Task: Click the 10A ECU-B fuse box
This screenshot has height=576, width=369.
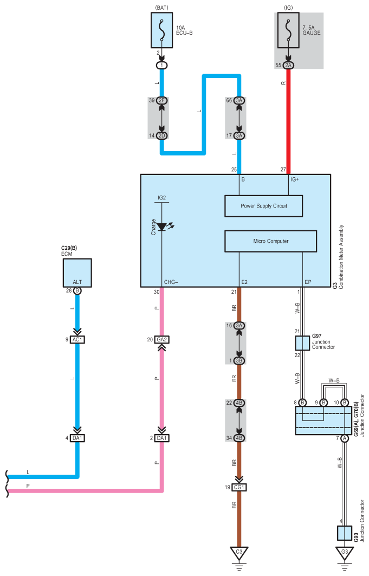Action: (x=161, y=30)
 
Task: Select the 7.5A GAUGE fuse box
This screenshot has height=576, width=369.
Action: (x=288, y=30)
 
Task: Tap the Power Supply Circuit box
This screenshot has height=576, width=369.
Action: (x=264, y=206)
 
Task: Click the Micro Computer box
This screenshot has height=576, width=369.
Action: (x=270, y=241)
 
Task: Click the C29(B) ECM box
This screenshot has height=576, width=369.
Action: (x=77, y=273)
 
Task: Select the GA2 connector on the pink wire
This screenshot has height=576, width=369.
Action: (x=161, y=340)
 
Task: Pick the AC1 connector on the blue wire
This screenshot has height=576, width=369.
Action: (x=77, y=340)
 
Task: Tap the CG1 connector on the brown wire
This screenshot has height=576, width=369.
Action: (x=239, y=487)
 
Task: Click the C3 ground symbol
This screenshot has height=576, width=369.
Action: (x=239, y=553)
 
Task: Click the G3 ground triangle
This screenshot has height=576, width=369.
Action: (x=345, y=553)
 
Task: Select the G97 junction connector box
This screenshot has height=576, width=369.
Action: (x=302, y=343)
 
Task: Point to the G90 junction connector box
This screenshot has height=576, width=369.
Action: (x=345, y=533)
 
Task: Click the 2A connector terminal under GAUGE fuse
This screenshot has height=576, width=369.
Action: (x=288, y=66)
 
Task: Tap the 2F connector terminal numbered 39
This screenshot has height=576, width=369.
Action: (x=161, y=100)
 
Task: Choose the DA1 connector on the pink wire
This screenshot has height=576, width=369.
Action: (x=161, y=438)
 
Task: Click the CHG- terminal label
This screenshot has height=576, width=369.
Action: (x=171, y=282)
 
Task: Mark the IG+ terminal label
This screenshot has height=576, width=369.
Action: (x=294, y=179)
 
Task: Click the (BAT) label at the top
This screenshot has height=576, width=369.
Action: (x=161, y=8)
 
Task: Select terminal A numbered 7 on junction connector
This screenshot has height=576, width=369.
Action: (x=345, y=438)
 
